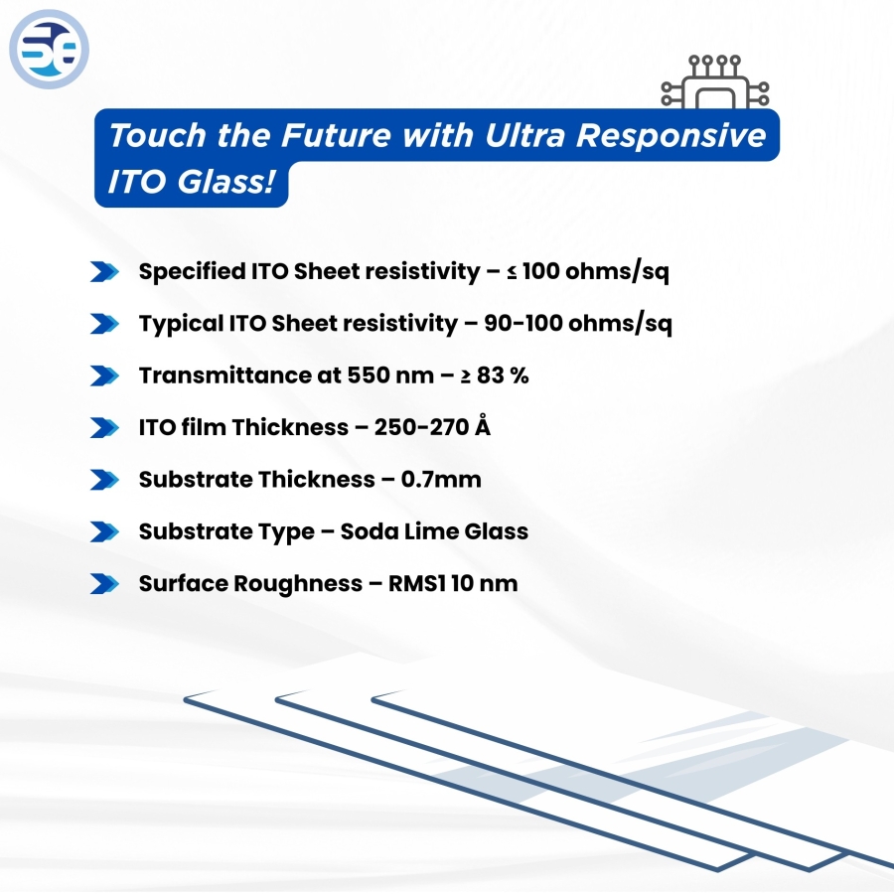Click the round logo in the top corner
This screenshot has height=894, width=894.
[x=49, y=50]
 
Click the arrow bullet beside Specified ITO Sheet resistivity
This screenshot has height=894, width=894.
[x=103, y=272]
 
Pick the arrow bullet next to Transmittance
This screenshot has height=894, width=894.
[x=103, y=375]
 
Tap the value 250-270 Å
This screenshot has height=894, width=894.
[x=433, y=428]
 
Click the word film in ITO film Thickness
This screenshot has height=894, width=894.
[x=202, y=428]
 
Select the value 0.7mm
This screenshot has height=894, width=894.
[x=441, y=480]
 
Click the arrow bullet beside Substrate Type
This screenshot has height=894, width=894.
[x=103, y=531]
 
